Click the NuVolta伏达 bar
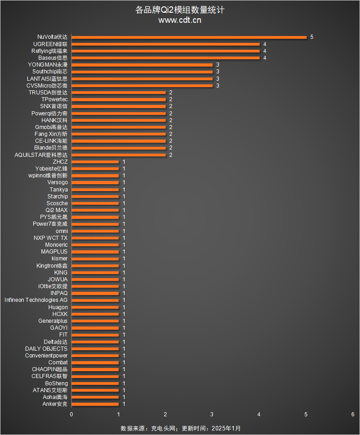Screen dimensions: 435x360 click(189, 37)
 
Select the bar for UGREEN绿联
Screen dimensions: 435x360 click(165, 44)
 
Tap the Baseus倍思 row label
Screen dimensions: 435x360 click(52, 58)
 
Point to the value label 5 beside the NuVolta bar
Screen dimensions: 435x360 click(312, 37)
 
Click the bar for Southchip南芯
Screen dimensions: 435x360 click(142, 72)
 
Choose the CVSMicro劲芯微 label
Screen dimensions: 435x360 click(47, 86)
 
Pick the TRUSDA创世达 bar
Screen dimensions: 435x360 click(119, 93)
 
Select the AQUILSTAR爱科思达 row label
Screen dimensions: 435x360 click(41, 155)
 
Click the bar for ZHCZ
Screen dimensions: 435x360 click(95, 162)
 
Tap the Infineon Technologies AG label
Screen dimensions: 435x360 click(36, 300)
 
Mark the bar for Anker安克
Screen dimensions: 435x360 click(95, 404)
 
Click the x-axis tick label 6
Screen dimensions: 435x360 click(353, 414)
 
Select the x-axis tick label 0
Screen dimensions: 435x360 click(71, 414)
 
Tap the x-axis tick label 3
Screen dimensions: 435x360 click(212, 414)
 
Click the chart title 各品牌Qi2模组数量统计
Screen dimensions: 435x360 click(180, 10)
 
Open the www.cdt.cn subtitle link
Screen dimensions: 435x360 click(180, 20)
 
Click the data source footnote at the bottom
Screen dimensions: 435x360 click(180, 429)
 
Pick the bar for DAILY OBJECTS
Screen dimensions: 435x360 click(95, 349)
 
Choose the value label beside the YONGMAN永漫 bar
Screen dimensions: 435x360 click(218, 65)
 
